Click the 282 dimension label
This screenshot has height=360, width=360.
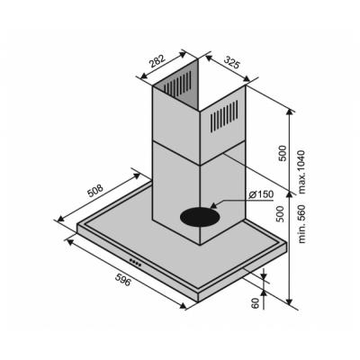157,61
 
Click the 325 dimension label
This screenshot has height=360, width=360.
232,61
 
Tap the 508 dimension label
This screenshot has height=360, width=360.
95,191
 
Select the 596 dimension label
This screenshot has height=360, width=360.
123,279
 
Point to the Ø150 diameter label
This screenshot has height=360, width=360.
261,194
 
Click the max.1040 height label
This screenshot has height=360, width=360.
301,172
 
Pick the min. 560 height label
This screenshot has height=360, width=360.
301,224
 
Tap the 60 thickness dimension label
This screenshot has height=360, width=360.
255,303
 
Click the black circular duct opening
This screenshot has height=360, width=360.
200,217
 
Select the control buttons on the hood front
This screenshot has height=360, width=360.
135,263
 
